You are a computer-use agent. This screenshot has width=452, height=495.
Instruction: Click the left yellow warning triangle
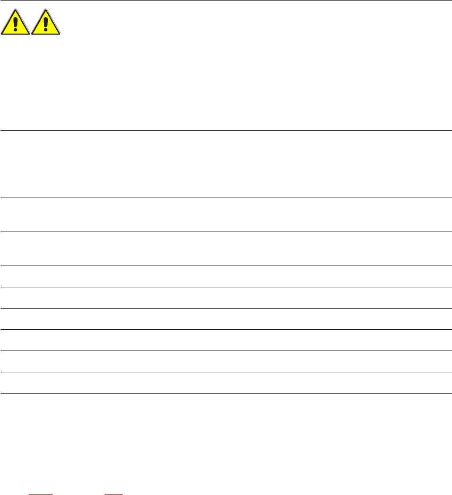pos(15,24)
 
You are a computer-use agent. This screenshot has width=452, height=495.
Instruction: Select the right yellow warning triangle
pos(46,24)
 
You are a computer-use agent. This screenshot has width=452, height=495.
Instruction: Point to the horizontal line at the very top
pos(226,1)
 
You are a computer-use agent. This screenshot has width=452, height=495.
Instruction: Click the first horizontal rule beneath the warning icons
pos(226,130)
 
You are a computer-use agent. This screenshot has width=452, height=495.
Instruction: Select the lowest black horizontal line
pos(226,393)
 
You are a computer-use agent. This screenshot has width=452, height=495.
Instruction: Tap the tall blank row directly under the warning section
pos(226,164)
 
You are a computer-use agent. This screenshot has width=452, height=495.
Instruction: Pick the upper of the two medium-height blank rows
pos(226,215)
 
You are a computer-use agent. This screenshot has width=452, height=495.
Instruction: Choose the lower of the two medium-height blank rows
pos(226,249)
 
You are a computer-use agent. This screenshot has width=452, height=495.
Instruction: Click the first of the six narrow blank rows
pos(226,276)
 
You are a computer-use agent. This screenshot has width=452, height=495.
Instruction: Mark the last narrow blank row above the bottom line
pos(226,382)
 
